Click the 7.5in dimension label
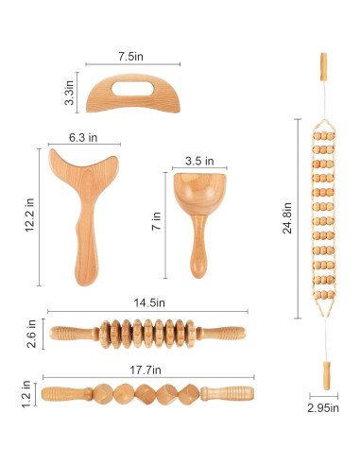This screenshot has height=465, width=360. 130,57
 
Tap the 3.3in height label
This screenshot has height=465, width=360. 69,93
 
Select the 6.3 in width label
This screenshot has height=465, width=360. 83,138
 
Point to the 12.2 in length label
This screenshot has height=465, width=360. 29,215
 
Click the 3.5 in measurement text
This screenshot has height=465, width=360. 199,161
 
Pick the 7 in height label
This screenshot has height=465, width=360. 157,221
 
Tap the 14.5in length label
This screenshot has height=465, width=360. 149,302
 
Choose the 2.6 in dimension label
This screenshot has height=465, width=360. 31,334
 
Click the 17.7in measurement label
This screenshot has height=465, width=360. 146,370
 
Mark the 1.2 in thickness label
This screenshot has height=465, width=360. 26,394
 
